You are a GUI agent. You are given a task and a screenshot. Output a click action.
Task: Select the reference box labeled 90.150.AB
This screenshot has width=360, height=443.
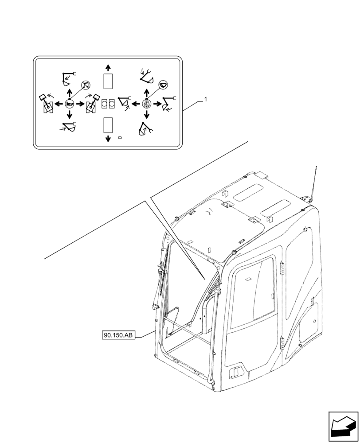[118, 336]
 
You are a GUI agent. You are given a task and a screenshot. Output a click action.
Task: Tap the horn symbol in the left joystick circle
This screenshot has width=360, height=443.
[69, 104]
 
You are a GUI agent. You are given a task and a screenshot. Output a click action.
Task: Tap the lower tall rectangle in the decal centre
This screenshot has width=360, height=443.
[108, 125]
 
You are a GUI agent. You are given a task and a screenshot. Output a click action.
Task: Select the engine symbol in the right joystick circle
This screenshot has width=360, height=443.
[147, 105]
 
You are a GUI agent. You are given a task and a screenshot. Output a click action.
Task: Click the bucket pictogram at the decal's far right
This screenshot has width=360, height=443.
[169, 104]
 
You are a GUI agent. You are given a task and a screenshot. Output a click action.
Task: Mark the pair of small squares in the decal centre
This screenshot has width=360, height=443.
[108, 104]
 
